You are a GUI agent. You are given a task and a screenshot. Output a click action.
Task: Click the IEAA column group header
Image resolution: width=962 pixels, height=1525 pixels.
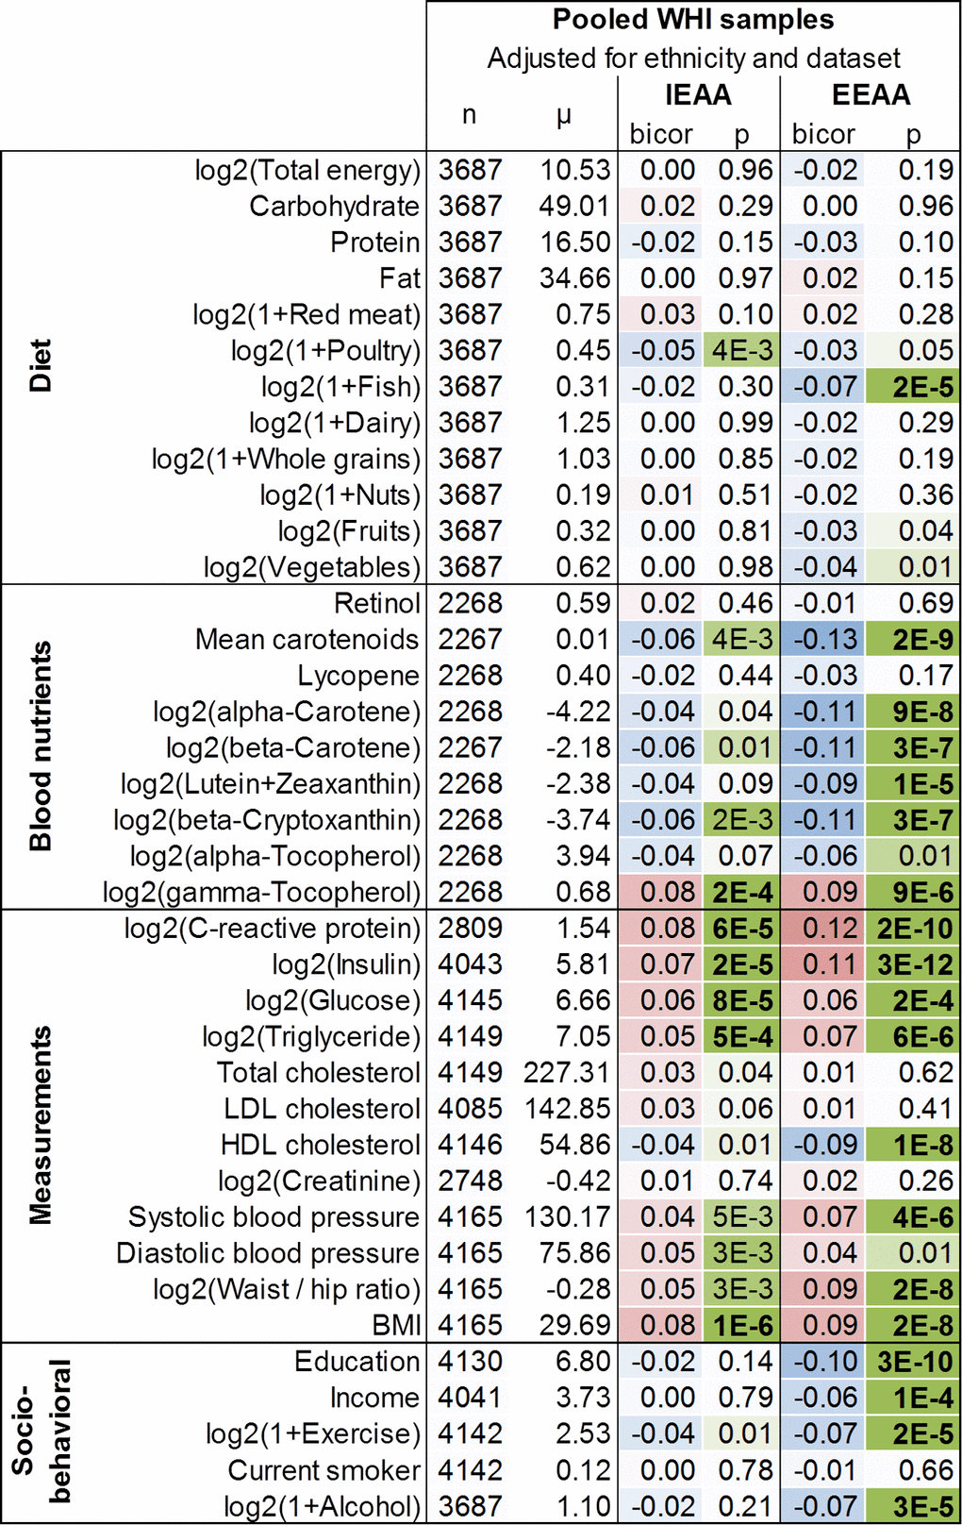[698, 95]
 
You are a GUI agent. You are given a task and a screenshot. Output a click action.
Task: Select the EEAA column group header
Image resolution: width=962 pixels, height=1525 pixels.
[871, 95]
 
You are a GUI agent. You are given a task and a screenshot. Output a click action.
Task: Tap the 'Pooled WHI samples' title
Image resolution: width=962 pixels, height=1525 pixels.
[693, 20]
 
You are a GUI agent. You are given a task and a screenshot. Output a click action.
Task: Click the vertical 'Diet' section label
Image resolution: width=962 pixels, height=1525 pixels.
[40, 366]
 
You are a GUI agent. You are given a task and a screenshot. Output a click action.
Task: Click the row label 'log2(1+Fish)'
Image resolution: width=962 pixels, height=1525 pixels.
[340, 387]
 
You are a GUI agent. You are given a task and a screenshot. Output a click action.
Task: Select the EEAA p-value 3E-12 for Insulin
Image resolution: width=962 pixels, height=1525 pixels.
[914, 964]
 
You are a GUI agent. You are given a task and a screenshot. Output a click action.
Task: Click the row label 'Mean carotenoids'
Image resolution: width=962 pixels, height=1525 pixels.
[307, 640]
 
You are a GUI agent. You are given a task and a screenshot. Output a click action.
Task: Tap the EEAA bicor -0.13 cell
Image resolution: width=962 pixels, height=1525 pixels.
[824, 640]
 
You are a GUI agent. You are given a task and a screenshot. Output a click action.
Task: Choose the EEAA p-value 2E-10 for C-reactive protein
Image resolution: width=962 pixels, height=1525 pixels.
[914, 929]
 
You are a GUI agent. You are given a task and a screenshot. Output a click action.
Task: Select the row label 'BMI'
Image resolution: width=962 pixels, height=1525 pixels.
[396, 1326]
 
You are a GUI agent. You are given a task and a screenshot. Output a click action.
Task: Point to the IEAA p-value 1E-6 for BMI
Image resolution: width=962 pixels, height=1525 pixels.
[742, 1326]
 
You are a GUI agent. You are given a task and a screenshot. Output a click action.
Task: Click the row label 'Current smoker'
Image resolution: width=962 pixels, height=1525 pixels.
[323, 1470]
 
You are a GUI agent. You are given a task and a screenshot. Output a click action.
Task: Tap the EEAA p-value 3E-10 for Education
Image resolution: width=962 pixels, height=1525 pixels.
[914, 1362]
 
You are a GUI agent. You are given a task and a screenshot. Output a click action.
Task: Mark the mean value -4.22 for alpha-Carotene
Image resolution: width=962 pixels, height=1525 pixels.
[578, 712]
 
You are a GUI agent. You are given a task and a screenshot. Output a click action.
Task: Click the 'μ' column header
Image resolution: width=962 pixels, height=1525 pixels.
[564, 116]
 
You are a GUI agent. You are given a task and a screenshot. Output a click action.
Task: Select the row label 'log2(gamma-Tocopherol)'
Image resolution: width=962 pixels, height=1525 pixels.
[261, 893]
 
